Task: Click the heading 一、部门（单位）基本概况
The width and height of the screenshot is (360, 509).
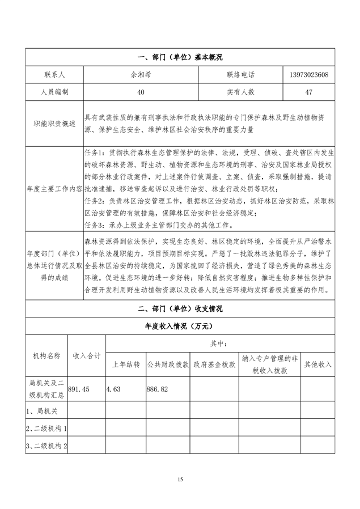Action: pyautogui.click(x=180, y=58)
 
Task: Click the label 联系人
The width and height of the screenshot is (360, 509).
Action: pyautogui.click(x=54, y=75)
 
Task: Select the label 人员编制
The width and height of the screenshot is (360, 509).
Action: pyautogui.click(x=54, y=91)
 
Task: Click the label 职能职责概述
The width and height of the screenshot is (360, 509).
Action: pyautogui.click(x=54, y=123)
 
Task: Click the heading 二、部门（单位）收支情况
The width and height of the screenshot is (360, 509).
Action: pyautogui.click(x=180, y=309)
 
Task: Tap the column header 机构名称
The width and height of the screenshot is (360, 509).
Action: pyautogui.click(x=46, y=355)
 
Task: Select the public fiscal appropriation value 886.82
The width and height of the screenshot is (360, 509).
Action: pyautogui.click(x=158, y=389)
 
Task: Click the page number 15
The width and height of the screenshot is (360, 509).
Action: pyautogui.click(x=180, y=480)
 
